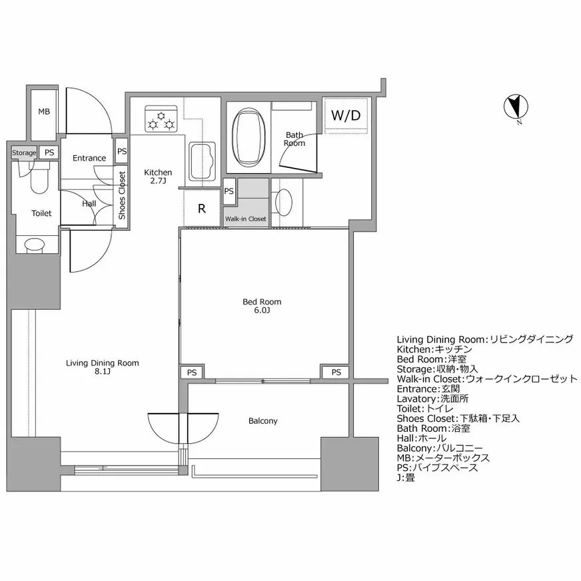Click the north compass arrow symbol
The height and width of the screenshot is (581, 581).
[516, 107]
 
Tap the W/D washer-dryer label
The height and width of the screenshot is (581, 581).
[346, 115]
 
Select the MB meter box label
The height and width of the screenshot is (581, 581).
[44, 111]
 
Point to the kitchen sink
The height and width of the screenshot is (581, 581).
[203, 161]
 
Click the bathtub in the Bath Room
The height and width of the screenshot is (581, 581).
[249, 137]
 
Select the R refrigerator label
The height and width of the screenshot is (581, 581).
[202, 209]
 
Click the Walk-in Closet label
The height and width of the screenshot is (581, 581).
[246, 219]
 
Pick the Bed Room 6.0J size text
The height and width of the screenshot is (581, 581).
[262, 310]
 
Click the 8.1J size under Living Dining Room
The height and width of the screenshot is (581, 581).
[102, 372]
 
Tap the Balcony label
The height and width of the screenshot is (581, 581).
[263, 421]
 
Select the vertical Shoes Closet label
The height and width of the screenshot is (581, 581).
[121, 195]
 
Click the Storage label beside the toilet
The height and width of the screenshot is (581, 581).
[24, 153]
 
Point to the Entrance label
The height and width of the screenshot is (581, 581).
[89, 158]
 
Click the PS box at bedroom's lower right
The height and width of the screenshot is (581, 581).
[336, 372]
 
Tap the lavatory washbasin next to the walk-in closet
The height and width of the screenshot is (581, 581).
[284, 203]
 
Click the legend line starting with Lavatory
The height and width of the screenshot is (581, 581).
[432, 398]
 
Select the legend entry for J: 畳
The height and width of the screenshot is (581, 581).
[406, 478]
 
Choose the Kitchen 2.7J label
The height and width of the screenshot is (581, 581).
[158, 177]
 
